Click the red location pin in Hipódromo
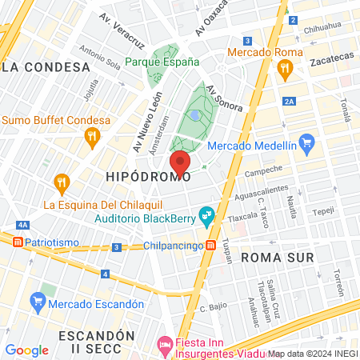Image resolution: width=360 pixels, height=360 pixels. pos(180,162)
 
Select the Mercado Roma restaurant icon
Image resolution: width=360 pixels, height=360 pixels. pos(283,70)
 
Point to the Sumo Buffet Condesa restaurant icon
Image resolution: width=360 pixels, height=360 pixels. pos(94,138)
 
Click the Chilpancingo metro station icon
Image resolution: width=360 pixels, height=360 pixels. pos(211,246)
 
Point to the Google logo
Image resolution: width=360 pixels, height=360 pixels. pos(26,350)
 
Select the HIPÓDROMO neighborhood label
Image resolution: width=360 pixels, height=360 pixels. pos(149,176)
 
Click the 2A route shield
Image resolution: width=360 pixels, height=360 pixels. pos(289,102)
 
